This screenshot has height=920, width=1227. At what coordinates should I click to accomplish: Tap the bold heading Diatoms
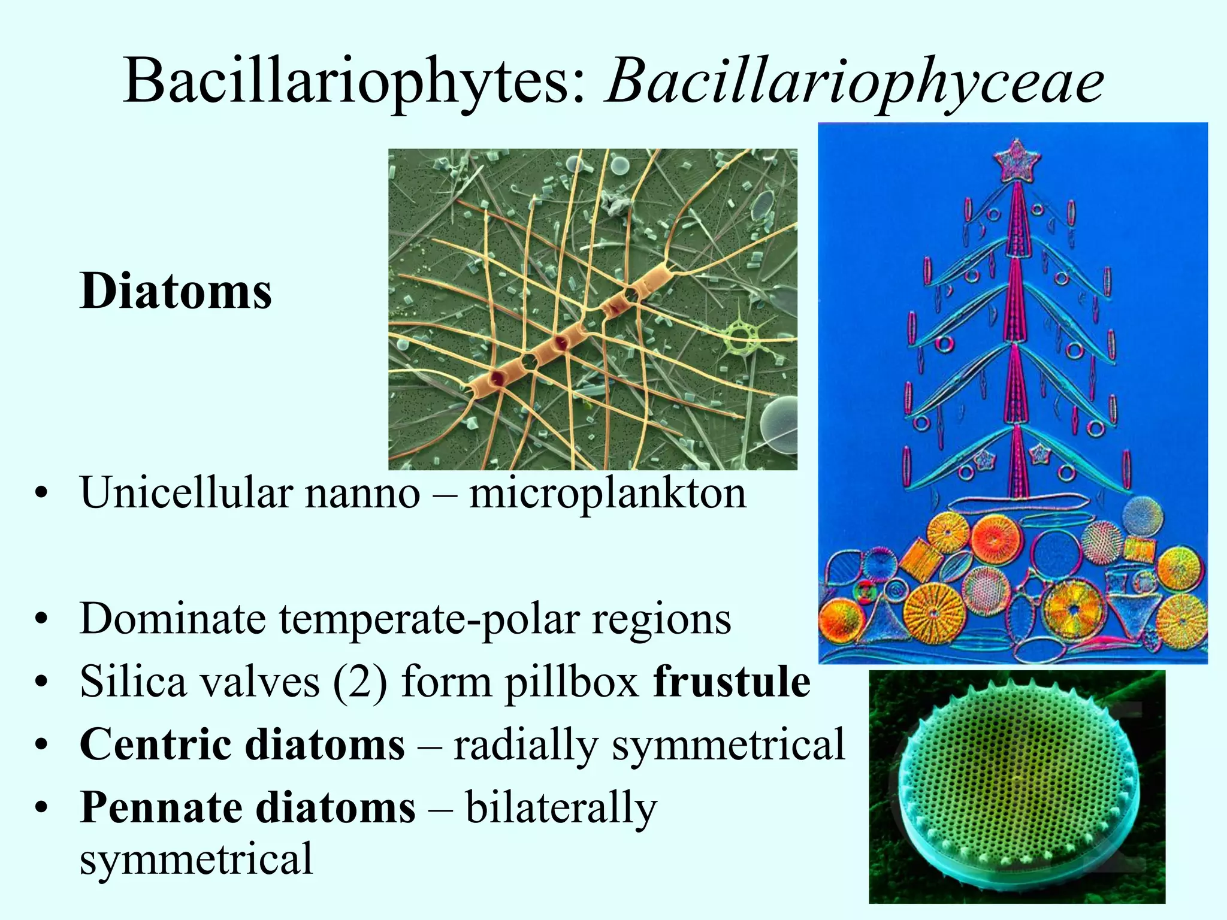pos(176,291)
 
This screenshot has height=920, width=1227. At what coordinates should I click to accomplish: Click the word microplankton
pos(608,493)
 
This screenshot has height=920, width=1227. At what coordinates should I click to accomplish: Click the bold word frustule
pos(732,682)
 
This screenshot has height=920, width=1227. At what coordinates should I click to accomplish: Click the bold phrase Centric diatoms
pos(242,745)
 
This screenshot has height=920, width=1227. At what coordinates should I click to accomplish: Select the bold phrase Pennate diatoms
pos(247,807)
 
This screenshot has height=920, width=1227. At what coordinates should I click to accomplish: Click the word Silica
pos(133,682)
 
